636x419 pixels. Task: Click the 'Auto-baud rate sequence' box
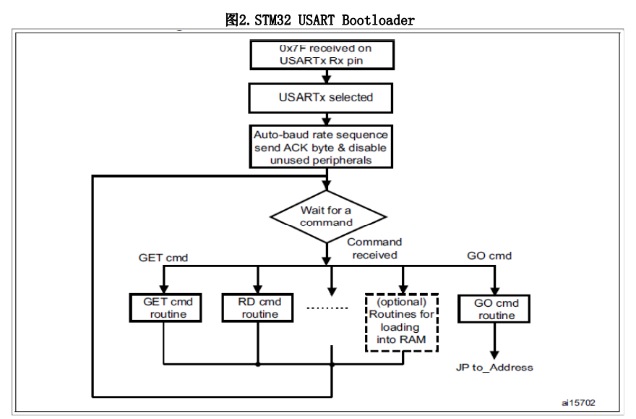click(x=321, y=147)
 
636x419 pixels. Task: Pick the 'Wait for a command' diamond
click(x=327, y=216)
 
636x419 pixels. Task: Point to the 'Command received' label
click(x=374, y=248)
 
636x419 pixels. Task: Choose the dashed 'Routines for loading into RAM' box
click(x=402, y=321)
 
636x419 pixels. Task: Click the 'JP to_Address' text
click(x=494, y=367)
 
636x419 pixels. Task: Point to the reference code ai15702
click(x=578, y=402)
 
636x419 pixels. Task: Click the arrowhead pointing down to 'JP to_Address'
click(x=495, y=354)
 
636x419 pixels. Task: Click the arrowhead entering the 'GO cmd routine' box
click(x=495, y=288)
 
